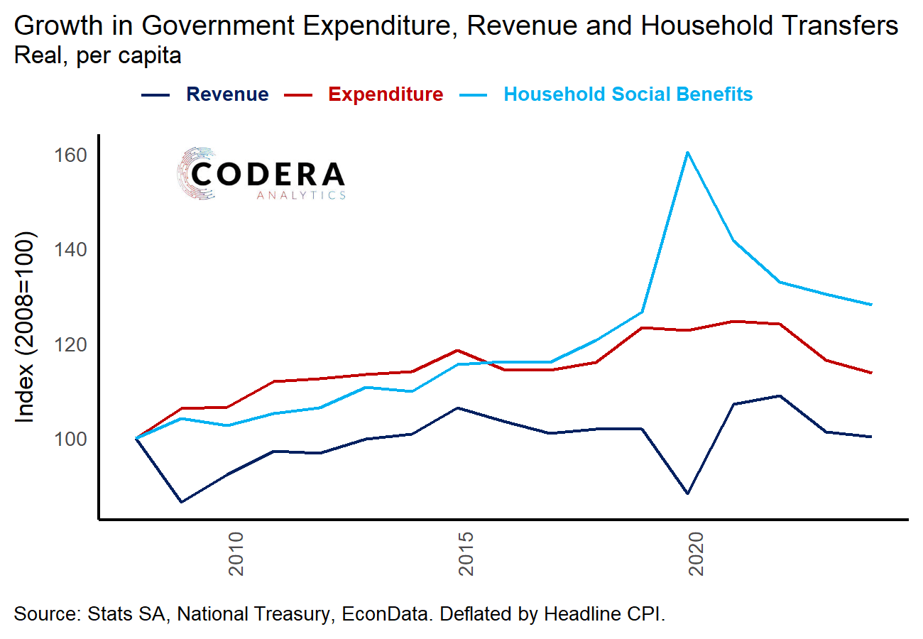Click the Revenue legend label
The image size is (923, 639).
coord(227,94)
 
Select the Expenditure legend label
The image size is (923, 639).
coord(386,94)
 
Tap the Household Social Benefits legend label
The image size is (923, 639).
coord(628,94)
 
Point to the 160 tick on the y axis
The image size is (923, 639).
coord(72,155)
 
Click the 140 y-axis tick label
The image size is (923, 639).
coord(72,250)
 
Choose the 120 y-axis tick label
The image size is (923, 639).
coord(72,344)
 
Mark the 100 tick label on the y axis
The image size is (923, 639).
coord(72,439)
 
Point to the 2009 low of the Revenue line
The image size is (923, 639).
coord(182,502)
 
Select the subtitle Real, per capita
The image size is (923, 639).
coord(97,56)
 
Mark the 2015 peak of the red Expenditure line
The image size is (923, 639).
coord(458,350)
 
